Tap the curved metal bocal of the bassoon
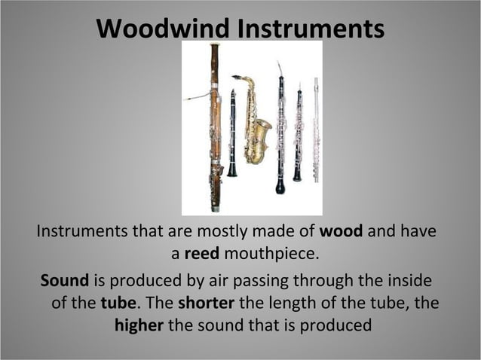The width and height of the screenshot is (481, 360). tap(198, 96)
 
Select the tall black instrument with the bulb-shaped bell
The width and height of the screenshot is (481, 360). tap(280, 128)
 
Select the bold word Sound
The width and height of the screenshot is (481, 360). tap(64, 281)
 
